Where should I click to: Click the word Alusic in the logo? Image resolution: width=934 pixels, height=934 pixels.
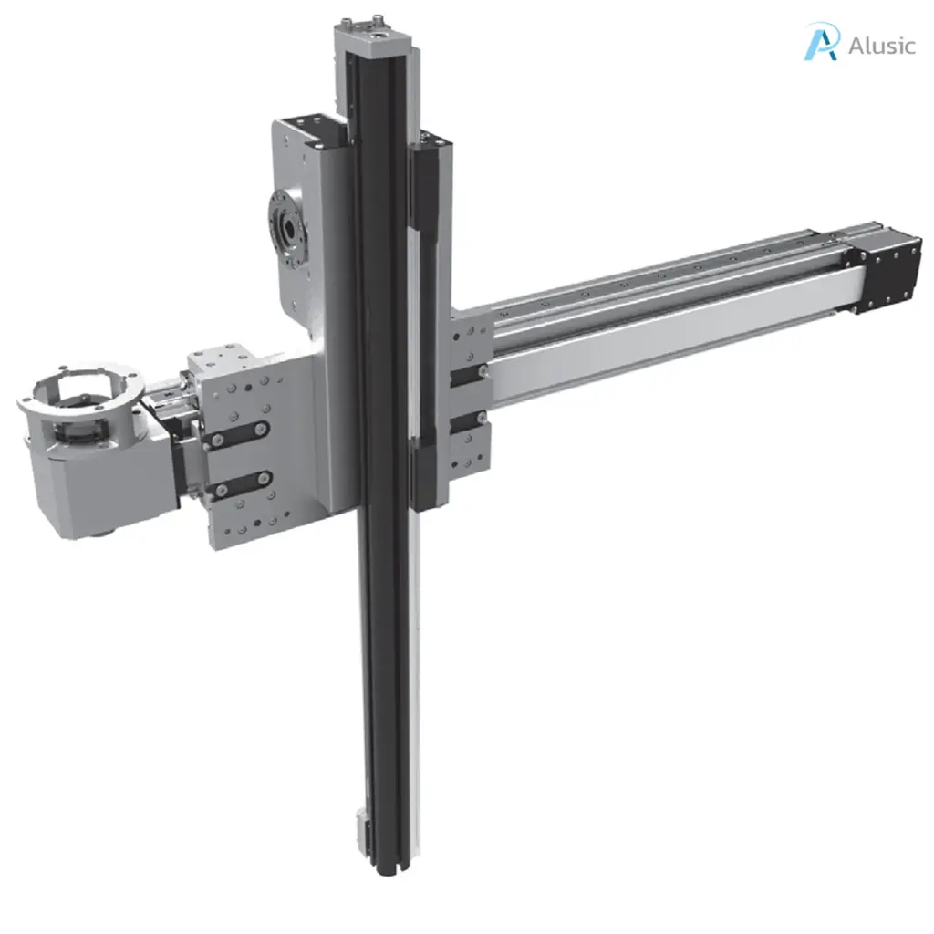880,45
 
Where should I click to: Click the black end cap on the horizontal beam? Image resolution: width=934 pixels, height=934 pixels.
886,271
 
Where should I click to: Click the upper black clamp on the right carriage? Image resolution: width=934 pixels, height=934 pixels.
470,372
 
